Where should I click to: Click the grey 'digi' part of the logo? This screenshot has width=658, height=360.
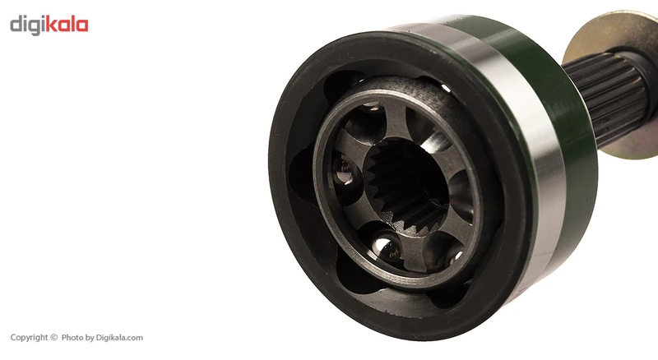27,25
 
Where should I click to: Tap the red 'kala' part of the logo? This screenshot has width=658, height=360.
67,24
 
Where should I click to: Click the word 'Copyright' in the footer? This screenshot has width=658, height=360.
29,338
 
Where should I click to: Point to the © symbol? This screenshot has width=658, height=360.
53,337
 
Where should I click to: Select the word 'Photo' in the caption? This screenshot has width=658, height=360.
72,337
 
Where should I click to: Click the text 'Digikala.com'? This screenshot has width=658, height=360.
119,338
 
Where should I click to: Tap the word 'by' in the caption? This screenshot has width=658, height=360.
90,338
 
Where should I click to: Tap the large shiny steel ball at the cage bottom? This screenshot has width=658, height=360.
387,247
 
